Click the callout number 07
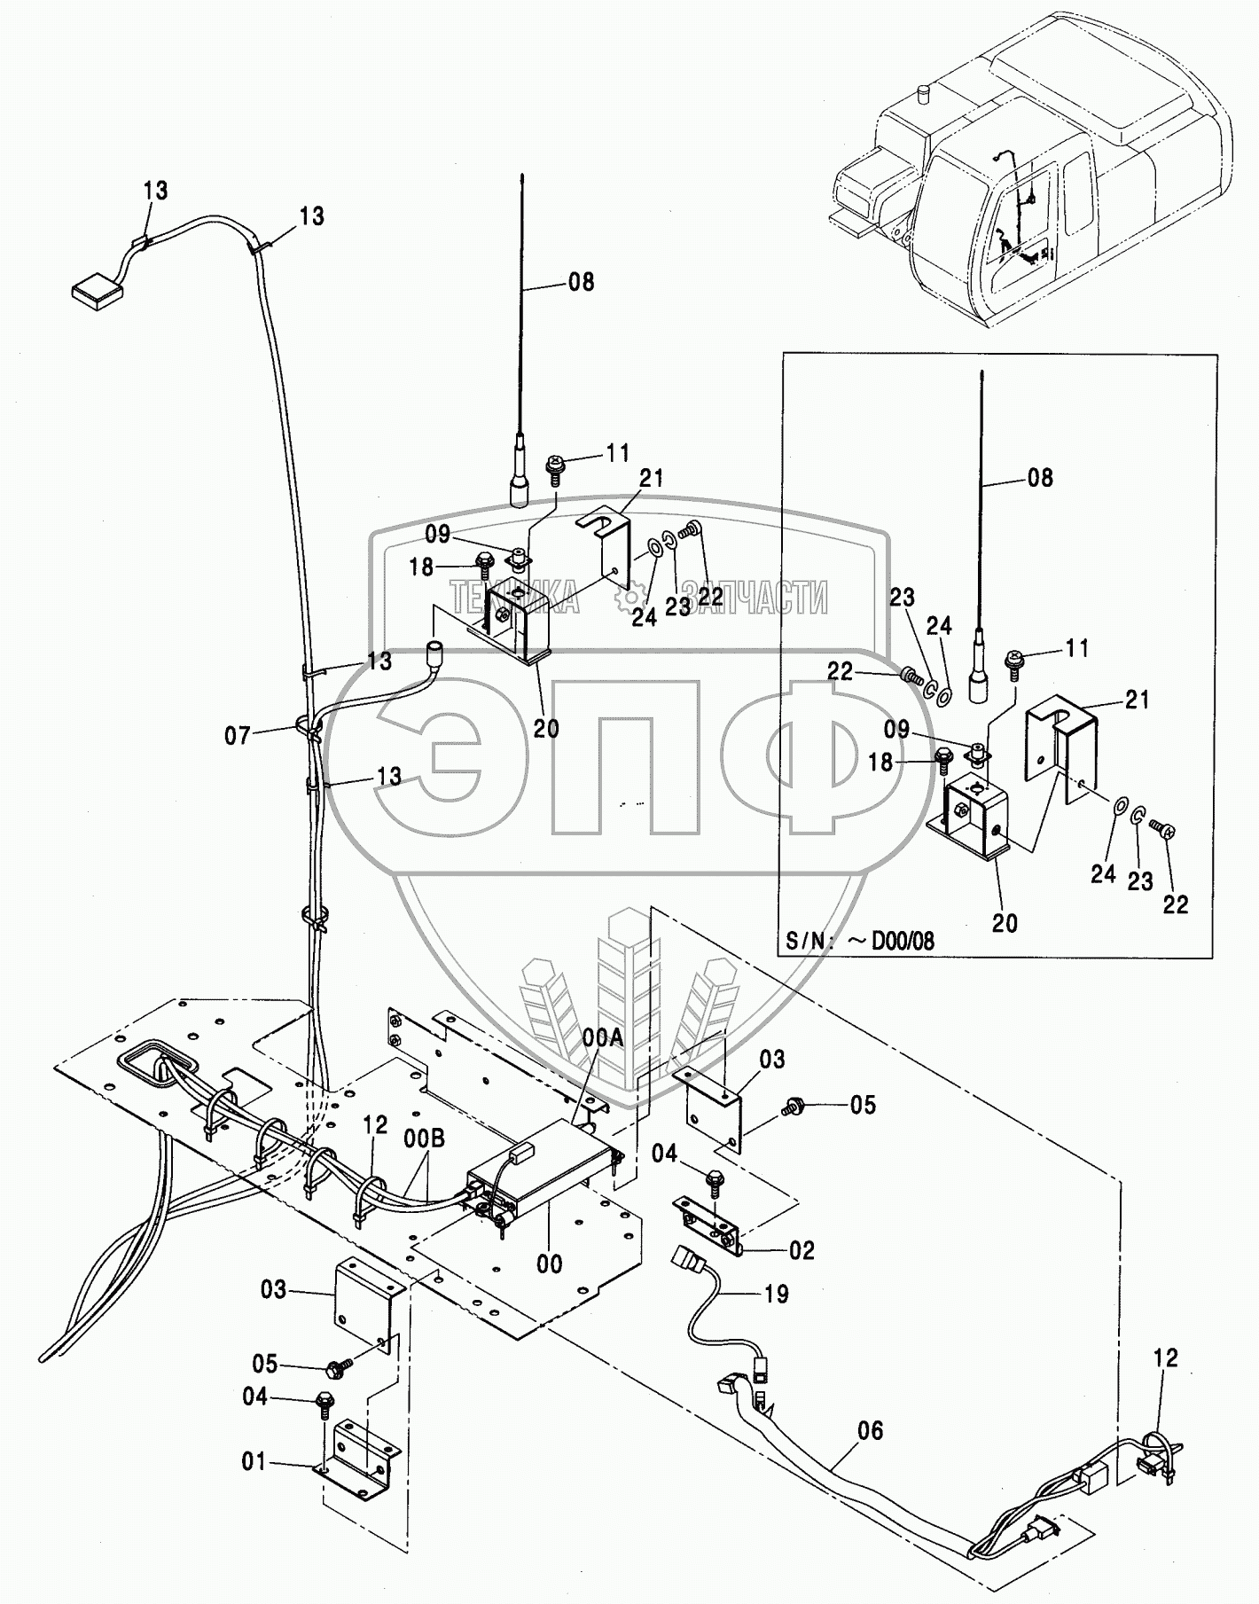(237, 735)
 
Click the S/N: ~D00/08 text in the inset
(859, 941)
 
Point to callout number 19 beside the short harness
(776, 1294)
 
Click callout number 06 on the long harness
(871, 1430)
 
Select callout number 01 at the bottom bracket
(254, 1461)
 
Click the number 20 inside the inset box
(1004, 923)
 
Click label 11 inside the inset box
(1076, 649)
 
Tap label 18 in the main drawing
(421, 567)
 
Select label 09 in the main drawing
(437, 535)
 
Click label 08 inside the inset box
(1040, 478)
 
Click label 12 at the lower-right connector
(1166, 1358)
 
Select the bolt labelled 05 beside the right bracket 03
(790, 1106)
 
